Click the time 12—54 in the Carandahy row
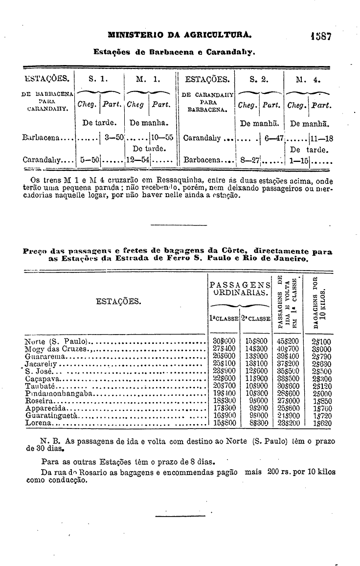[137, 159]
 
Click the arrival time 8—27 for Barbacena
[249, 159]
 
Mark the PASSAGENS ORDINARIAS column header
[240, 289]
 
